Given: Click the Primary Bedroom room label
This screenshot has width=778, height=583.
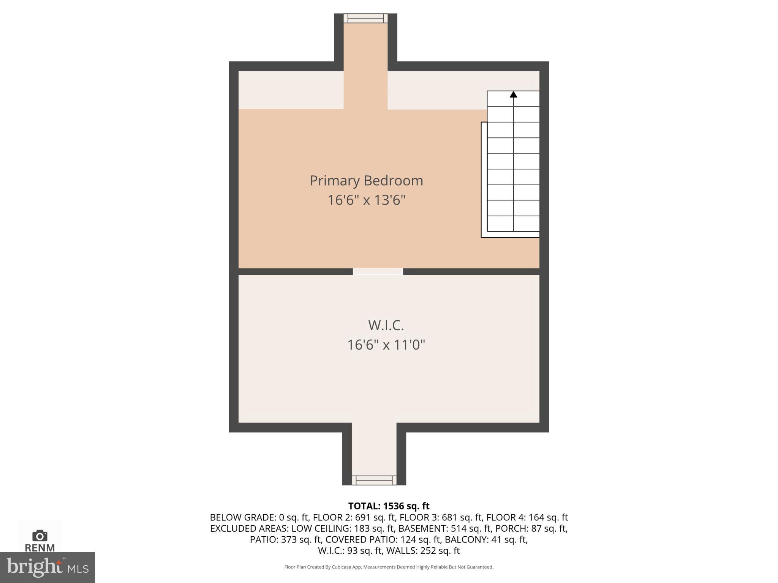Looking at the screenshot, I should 366,181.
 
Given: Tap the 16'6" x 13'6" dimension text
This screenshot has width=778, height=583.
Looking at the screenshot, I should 366,200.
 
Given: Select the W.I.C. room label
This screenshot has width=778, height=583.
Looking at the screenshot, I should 386,325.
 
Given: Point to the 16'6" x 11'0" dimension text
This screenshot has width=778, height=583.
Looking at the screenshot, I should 386,345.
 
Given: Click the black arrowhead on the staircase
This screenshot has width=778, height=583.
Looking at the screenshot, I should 513,94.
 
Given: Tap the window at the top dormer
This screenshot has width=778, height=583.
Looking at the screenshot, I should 365,18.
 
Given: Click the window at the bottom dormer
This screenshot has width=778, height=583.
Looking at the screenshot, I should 374,480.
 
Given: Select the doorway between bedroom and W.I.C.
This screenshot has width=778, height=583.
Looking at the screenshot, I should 378,271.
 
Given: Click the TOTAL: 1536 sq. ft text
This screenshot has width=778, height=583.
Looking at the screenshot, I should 389,506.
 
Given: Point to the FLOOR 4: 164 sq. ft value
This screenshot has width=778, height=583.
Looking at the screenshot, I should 527,517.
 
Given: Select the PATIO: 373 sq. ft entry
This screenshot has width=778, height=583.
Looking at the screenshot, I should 286,539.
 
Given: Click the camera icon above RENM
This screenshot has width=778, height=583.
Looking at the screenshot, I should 40,536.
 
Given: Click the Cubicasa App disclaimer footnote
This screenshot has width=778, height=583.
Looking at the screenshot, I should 389,567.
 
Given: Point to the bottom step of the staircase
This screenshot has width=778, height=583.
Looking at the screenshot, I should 513,224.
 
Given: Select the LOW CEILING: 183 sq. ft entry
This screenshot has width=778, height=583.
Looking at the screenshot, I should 342,528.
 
